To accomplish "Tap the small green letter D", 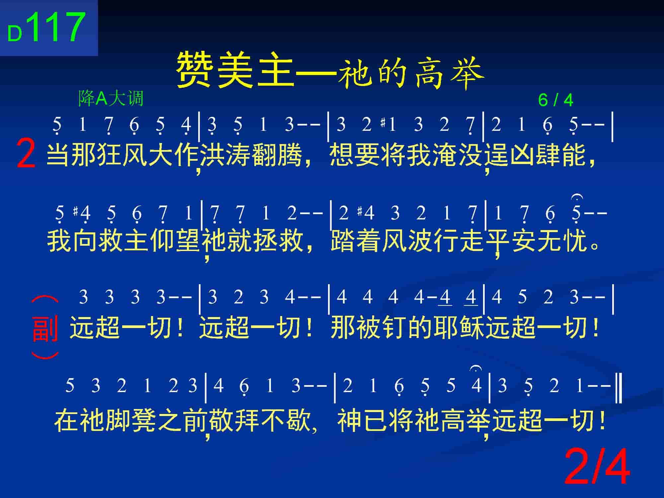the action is pyautogui.click(x=15, y=34).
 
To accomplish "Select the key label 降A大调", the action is pyautogui.click(x=111, y=99).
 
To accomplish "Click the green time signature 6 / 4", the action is pyautogui.click(x=556, y=100).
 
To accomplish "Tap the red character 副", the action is pyautogui.click(x=45, y=329).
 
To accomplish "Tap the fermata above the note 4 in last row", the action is pyautogui.click(x=476, y=368).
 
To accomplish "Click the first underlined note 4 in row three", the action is pyautogui.click(x=445, y=297).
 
